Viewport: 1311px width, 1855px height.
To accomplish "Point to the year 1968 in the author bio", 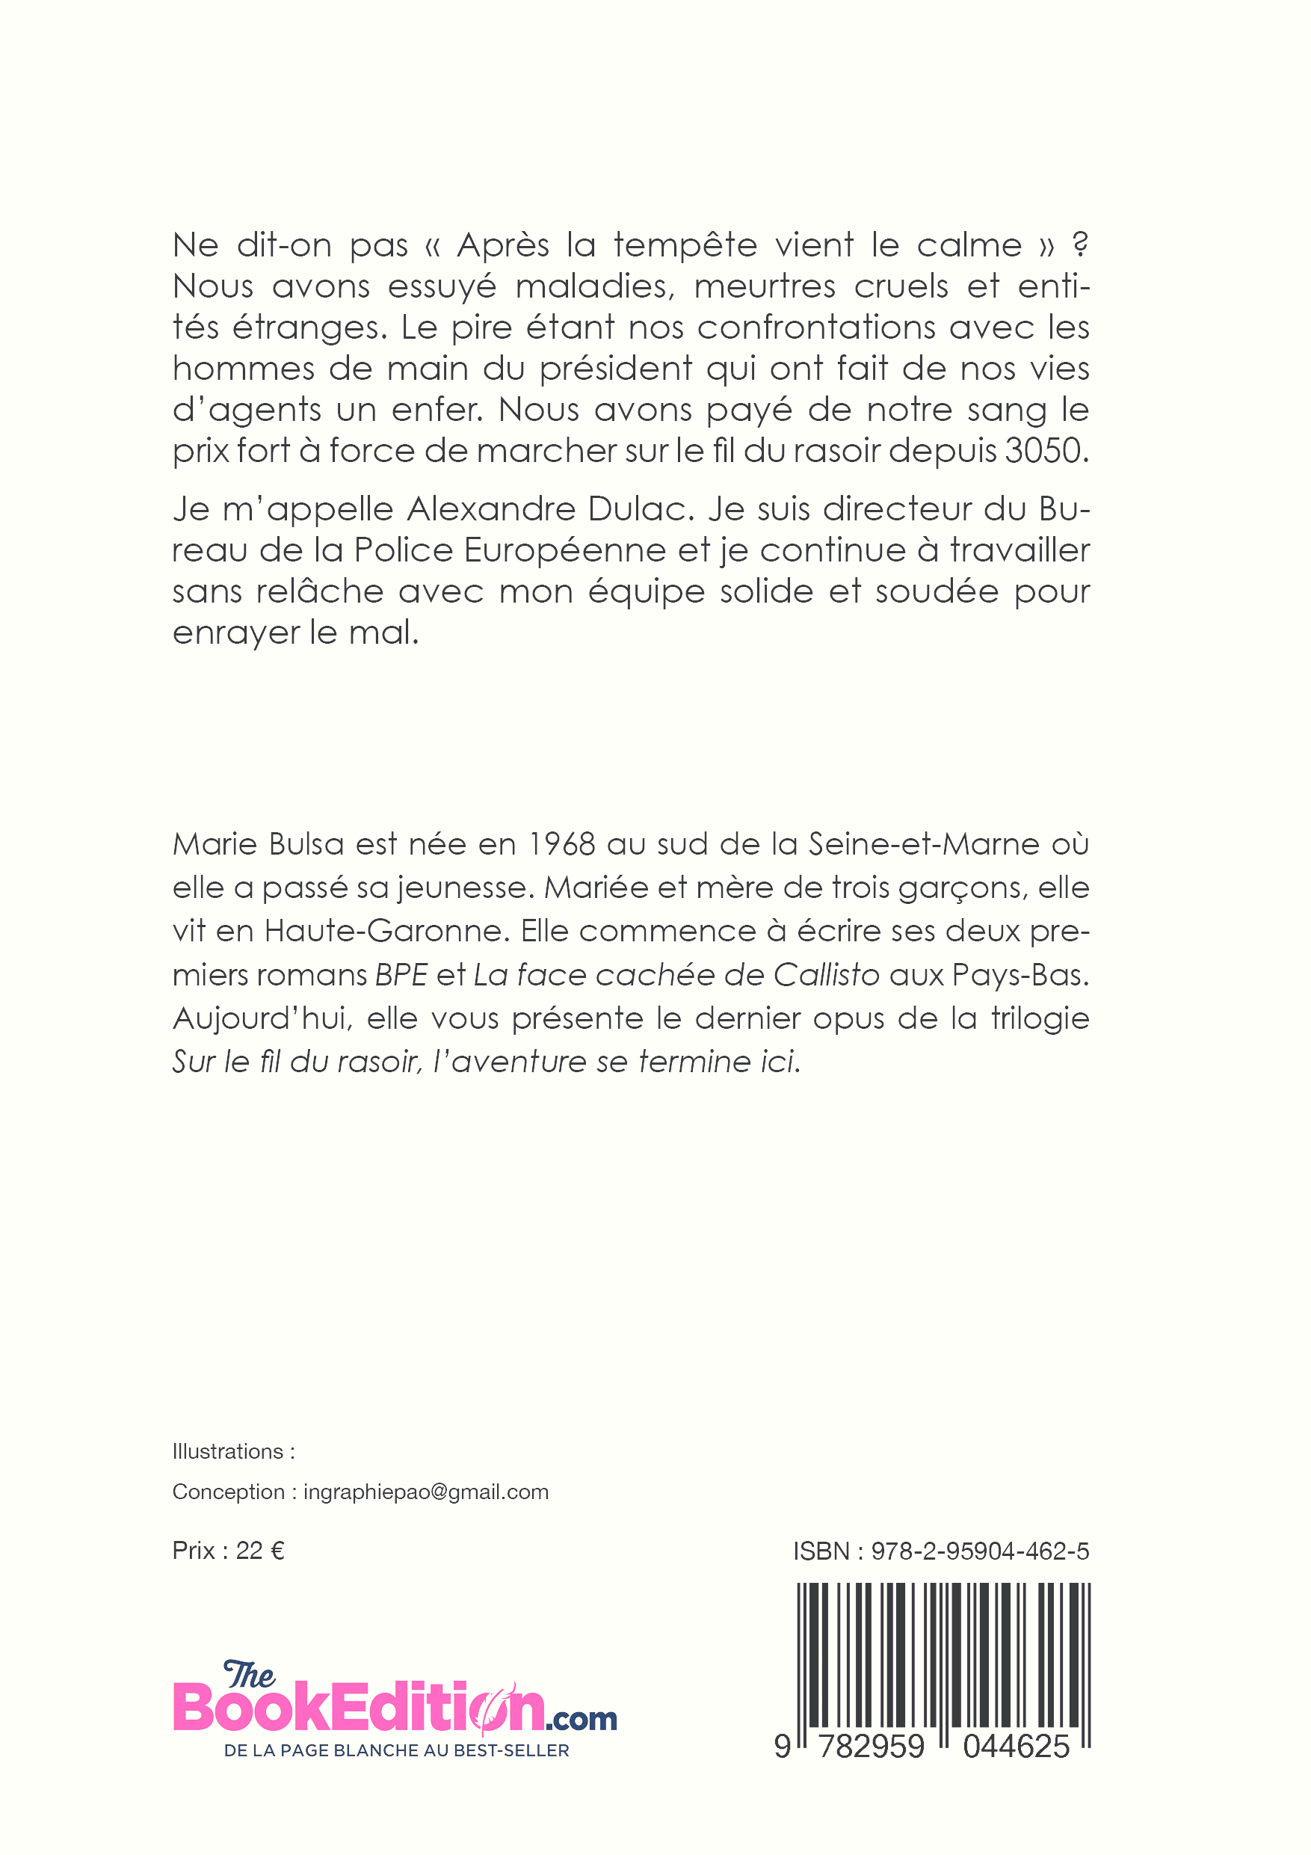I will pyautogui.click(x=561, y=844).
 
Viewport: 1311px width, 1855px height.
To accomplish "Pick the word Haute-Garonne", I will pyautogui.click(x=387, y=932).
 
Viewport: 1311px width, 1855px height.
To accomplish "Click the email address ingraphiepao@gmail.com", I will pyautogui.click(x=426, y=1492).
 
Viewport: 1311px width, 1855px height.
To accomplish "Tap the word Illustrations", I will pyautogui.click(x=228, y=1451).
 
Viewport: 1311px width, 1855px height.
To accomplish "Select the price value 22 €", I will pyautogui.click(x=260, y=1551).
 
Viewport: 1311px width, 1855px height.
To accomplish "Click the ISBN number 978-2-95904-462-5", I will pyautogui.click(x=980, y=1551).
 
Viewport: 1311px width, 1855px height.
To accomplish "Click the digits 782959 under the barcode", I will pyautogui.click(x=871, y=1747).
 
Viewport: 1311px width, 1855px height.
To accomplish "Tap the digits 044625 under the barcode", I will pyautogui.click(x=1017, y=1747).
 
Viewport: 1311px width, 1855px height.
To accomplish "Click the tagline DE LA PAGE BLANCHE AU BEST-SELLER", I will pyautogui.click(x=397, y=1750).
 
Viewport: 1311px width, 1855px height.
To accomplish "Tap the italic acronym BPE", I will pyautogui.click(x=401, y=975).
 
